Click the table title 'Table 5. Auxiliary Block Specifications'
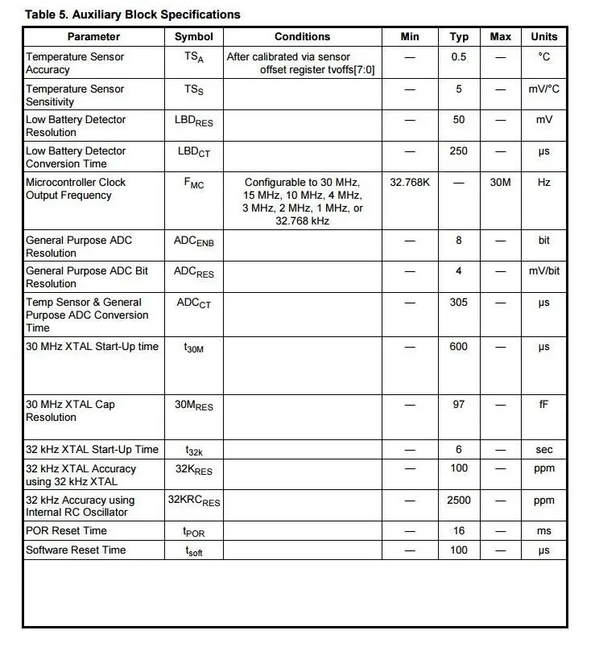[x=132, y=14]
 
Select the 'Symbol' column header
[x=194, y=36]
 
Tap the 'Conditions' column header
[x=302, y=36]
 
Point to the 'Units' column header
[x=544, y=36]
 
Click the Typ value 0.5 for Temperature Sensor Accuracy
[x=459, y=57]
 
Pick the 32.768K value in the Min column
[x=410, y=183]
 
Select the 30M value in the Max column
[x=500, y=183]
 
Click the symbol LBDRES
[x=194, y=121]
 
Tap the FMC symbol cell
[x=194, y=183]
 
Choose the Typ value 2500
[x=459, y=501]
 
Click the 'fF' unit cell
[x=544, y=405]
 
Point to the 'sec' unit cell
[x=544, y=451]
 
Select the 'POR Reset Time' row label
[x=66, y=531]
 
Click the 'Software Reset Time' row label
[x=76, y=550]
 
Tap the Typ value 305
[x=459, y=303]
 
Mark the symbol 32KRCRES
[x=194, y=501]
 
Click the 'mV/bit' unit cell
[x=544, y=271]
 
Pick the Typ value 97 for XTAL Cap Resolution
[x=459, y=405]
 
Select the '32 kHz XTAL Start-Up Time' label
[x=92, y=450]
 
